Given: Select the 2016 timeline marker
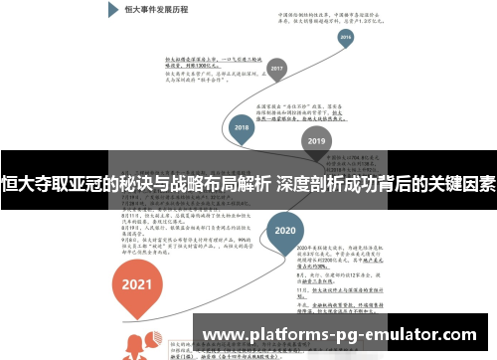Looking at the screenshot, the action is pos(345,38).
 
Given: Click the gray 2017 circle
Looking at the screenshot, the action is pos(277,70).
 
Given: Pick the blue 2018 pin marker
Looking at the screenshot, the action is pos(241,127).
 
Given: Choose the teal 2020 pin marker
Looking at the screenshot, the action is pos(285,228).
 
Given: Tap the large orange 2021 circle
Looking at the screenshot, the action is pos(137,282).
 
